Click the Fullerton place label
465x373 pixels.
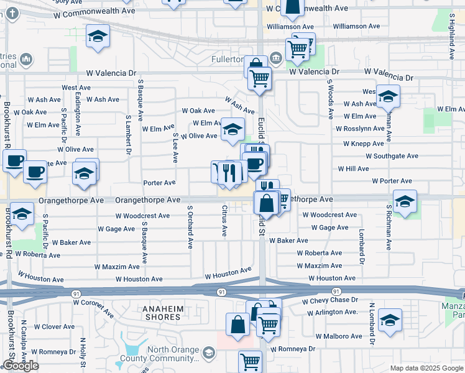(231, 59)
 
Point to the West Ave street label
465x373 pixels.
(77, 88)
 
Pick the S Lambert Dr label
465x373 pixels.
(129, 134)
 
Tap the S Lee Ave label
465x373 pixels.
(176, 148)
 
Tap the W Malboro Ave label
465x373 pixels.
(339, 336)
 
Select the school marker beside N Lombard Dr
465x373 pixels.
(390, 320)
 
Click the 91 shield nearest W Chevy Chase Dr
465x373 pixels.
(336, 291)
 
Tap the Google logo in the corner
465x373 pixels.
(21, 366)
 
